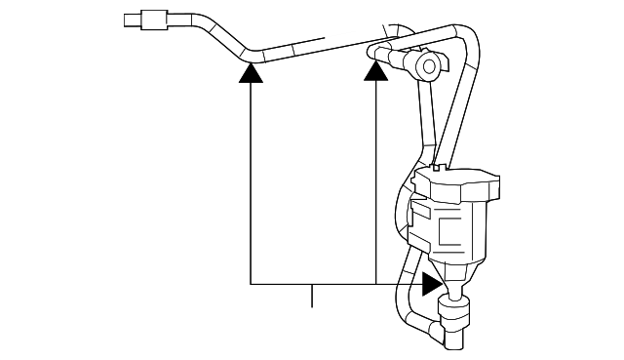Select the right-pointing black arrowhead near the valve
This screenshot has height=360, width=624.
(x=430, y=284)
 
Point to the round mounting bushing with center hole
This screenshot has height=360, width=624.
(x=427, y=67)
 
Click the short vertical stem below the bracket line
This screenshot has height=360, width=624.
(x=312, y=296)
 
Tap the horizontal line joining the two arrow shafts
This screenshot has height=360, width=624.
(x=312, y=284)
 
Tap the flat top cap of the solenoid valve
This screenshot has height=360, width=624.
(x=456, y=181)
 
